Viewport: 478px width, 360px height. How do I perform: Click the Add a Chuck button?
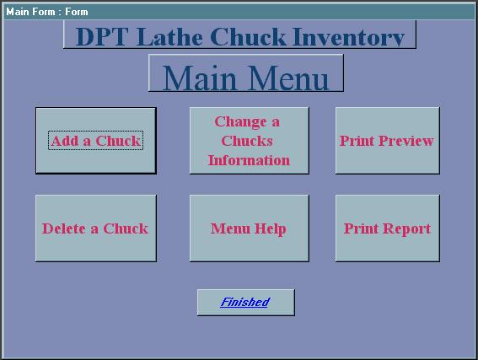96,141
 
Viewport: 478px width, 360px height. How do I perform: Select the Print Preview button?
388,141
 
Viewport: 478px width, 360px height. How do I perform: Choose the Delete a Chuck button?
96,228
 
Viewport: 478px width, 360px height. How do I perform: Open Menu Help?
249,228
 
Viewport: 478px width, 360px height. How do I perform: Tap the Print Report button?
388,228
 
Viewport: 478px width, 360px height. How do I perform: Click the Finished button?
245,303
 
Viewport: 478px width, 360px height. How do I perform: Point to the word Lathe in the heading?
169,37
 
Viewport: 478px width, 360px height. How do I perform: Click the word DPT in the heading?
101,37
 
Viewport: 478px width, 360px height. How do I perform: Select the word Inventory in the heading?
348,37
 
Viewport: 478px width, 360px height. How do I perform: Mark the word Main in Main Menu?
199,78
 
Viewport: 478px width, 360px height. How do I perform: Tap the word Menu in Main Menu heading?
290,78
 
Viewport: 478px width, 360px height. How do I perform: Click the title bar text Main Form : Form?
47,12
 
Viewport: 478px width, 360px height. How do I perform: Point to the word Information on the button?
249,160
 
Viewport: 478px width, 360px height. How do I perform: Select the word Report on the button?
406,229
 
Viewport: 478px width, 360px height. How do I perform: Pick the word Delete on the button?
64,228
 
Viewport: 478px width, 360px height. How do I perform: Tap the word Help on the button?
270,229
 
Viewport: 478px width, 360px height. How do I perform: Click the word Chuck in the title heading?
248,37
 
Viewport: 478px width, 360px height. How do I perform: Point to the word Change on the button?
240,122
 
